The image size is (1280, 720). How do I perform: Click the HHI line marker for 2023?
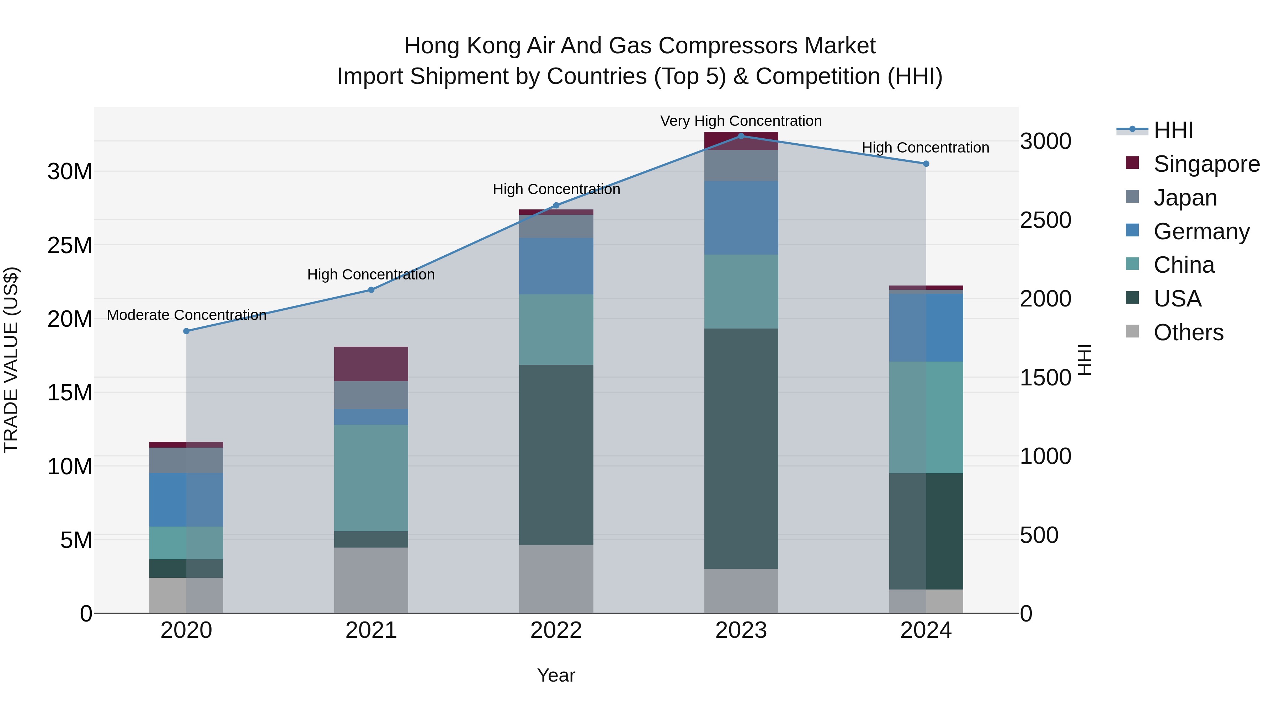pyautogui.click(x=741, y=136)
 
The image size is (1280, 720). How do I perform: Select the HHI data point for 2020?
pyautogui.click(x=186, y=331)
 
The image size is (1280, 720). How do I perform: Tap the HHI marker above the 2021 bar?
pyautogui.click(x=371, y=290)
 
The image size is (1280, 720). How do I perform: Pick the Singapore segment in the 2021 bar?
pyautogui.click(x=371, y=364)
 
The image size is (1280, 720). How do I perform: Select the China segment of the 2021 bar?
pyautogui.click(x=371, y=478)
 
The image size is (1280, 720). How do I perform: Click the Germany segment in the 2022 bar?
pyautogui.click(x=556, y=266)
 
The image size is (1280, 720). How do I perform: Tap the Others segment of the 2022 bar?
pyautogui.click(x=556, y=579)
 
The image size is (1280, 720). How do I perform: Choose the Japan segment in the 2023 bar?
pyautogui.click(x=741, y=165)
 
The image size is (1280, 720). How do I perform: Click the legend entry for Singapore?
pyautogui.click(x=1206, y=164)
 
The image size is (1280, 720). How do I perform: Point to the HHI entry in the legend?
pyautogui.click(x=1173, y=130)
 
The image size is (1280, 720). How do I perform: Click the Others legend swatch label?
pyautogui.click(x=1188, y=332)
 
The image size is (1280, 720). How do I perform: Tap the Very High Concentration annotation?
pyautogui.click(x=741, y=121)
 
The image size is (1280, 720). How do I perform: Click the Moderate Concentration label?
pyautogui.click(x=186, y=315)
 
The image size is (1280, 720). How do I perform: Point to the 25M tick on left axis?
pyautogui.click(x=70, y=245)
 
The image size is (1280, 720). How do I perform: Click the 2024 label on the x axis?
pyautogui.click(x=926, y=630)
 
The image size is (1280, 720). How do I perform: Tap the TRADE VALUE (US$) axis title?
pyautogui.click(x=11, y=360)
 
